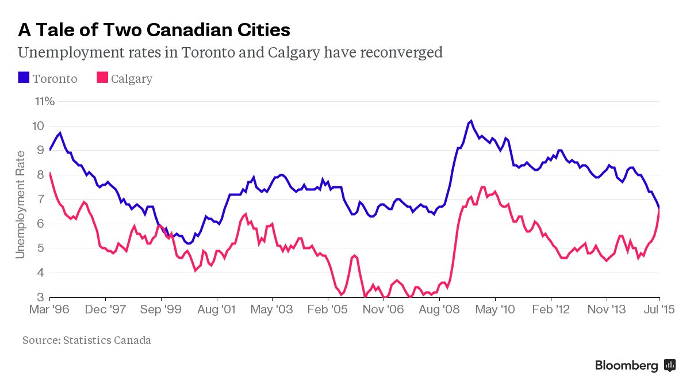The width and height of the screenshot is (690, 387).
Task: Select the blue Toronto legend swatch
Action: tap(24, 78)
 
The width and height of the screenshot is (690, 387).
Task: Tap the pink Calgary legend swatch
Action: tap(102, 78)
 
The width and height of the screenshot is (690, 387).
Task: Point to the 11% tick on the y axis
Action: tap(45, 102)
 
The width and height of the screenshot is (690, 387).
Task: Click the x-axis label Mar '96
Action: tap(50, 309)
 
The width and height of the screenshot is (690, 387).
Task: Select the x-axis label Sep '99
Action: tap(161, 309)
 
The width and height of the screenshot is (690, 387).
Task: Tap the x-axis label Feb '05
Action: tap(328, 309)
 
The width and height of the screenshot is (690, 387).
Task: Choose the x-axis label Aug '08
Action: tap(439, 309)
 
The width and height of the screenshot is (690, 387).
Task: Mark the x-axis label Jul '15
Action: tap(659, 309)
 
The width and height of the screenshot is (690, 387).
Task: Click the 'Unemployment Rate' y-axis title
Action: tap(21, 204)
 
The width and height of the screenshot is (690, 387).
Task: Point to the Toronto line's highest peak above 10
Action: tap(471, 121)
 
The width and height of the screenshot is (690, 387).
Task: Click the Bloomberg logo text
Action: tap(626, 365)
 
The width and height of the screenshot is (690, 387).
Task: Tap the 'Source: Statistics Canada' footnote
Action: tap(87, 340)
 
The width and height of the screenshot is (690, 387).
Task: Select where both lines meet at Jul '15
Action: tap(659, 208)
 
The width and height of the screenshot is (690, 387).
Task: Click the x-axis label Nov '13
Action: tap(606, 309)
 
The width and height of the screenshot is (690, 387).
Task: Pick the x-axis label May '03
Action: tap(272, 309)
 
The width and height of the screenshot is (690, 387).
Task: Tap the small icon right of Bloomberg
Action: tap(669, 365)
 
